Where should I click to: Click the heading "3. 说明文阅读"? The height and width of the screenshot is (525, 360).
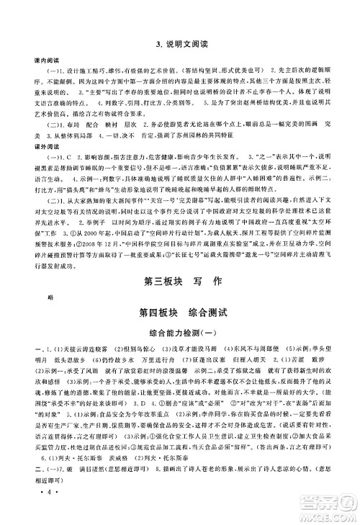point(179,45)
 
